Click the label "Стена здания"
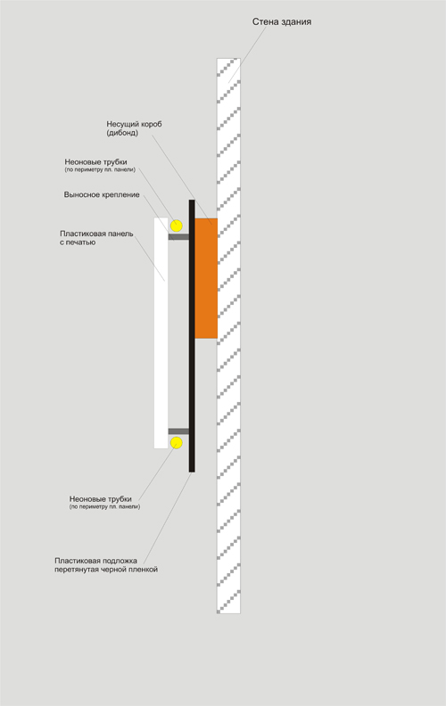coord(282,21)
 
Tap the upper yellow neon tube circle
coord(176,226)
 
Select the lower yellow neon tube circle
coord(176,443)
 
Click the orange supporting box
coord(206,278)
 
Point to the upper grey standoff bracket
coord(178,236)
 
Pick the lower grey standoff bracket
coord(178,431)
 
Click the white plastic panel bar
coord(161,332)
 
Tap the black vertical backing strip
coord(192,336)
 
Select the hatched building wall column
coord(228,336)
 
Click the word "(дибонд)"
coord(122,133)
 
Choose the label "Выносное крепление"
coord(102,195)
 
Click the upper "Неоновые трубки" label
coord(96,161)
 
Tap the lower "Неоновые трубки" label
coord(101,499)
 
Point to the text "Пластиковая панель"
coord(96,234)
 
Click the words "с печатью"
coord(78,242)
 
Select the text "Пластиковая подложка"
coord(96,561)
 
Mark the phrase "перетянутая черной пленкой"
coord(106,570)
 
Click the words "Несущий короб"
coord(135,124)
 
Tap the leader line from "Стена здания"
coord(248,55)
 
